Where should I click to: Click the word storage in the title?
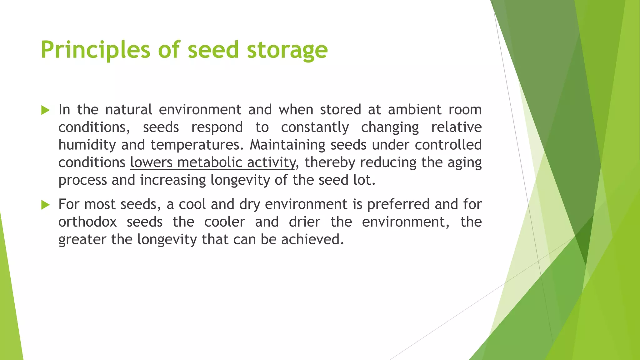[287, 50]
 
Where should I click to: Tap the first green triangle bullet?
[45, 110]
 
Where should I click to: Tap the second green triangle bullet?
[45, 205]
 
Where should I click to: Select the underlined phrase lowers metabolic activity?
[212, 162]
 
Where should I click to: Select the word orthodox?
[87, 222]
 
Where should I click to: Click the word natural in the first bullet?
[128, 110]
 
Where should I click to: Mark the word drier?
[304, 222]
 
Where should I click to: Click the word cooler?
[224, 222]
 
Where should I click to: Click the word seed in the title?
[213, 50]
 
